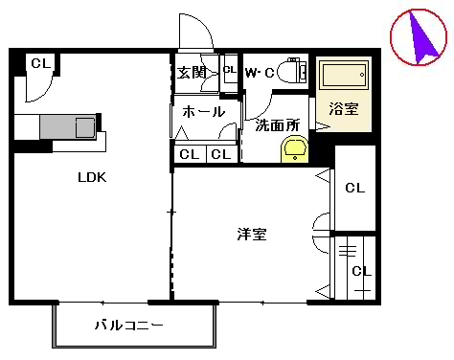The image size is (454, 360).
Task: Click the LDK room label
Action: point(92,177)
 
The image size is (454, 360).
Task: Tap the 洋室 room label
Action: point(252,233)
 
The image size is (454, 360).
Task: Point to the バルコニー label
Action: point(128,325)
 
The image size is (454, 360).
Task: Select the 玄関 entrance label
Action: point(192,72)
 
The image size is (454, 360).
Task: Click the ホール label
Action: point(203,112)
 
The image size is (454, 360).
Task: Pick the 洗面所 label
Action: point(276,124)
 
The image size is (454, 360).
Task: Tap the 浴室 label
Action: point(343,108)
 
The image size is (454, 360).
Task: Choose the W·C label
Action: point(261,73)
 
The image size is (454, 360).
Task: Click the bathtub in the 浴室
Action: point(343,77)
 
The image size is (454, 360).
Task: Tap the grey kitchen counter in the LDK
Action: point(57,126)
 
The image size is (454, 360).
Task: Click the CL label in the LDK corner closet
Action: point(39,63)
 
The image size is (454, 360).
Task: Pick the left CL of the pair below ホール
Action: point(189,154)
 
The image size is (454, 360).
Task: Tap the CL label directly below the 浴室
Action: point(354,189)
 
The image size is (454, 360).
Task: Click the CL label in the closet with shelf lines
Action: point(360,271)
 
